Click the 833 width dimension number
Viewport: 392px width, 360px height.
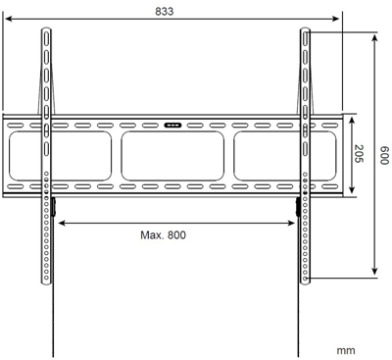point(173,11)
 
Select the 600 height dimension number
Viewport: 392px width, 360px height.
point(385,155)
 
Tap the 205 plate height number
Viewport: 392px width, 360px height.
point(360,155)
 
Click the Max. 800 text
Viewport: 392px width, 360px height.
point(163,235)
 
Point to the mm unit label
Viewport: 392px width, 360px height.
point(345,349)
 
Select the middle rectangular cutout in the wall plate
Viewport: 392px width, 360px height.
point(173,155)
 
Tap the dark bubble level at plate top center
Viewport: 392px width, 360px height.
point(173,125)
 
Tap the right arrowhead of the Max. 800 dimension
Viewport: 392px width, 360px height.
point(292,222)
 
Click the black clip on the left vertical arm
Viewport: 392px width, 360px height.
point(53,207)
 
